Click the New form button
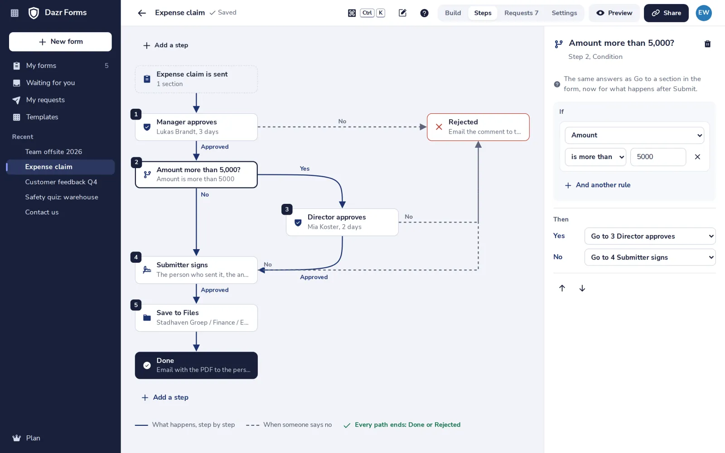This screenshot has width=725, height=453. pos(60,42)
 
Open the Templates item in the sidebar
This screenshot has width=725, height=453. pos(42,117)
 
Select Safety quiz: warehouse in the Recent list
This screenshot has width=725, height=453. pos(62,197)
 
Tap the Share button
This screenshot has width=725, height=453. pos(666,13)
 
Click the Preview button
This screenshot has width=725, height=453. pos(614,13)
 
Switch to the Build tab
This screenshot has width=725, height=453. pos(453,13)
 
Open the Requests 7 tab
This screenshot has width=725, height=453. pos(521,13)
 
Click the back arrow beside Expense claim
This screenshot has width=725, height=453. pos(142,13)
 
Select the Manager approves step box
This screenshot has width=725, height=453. pos(196,127)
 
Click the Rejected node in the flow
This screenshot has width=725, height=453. pos(478,127)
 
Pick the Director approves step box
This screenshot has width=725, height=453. pos(342,222)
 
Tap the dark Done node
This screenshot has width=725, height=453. pos(196,365)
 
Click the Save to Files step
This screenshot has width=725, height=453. pos(196,318)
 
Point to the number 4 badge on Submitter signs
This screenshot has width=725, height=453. pos(136,257)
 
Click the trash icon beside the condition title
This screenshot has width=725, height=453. pos(707,43)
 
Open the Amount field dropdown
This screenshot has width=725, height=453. pos(634,135)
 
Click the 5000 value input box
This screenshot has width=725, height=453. pos(658,157)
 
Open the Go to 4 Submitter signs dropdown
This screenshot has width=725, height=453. pos(650,257)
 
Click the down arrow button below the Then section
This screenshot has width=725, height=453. pos(582,288)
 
